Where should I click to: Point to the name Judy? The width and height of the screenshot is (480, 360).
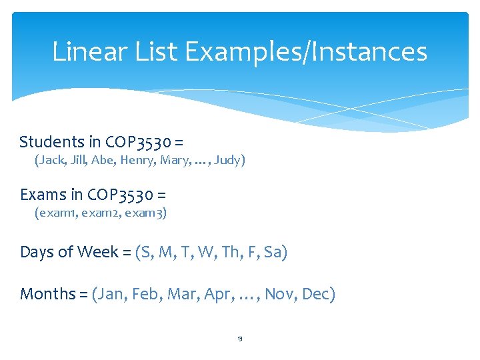[229, 161]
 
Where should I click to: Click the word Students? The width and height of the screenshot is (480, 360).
[51, 142]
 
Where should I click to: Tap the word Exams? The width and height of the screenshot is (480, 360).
[43, 195]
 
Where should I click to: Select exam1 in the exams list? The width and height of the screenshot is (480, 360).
[56, 213]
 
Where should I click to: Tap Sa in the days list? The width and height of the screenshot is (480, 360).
[273, 253]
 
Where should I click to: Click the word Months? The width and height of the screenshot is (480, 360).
[49, 294]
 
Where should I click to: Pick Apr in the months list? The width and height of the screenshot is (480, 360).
[216, 294]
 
